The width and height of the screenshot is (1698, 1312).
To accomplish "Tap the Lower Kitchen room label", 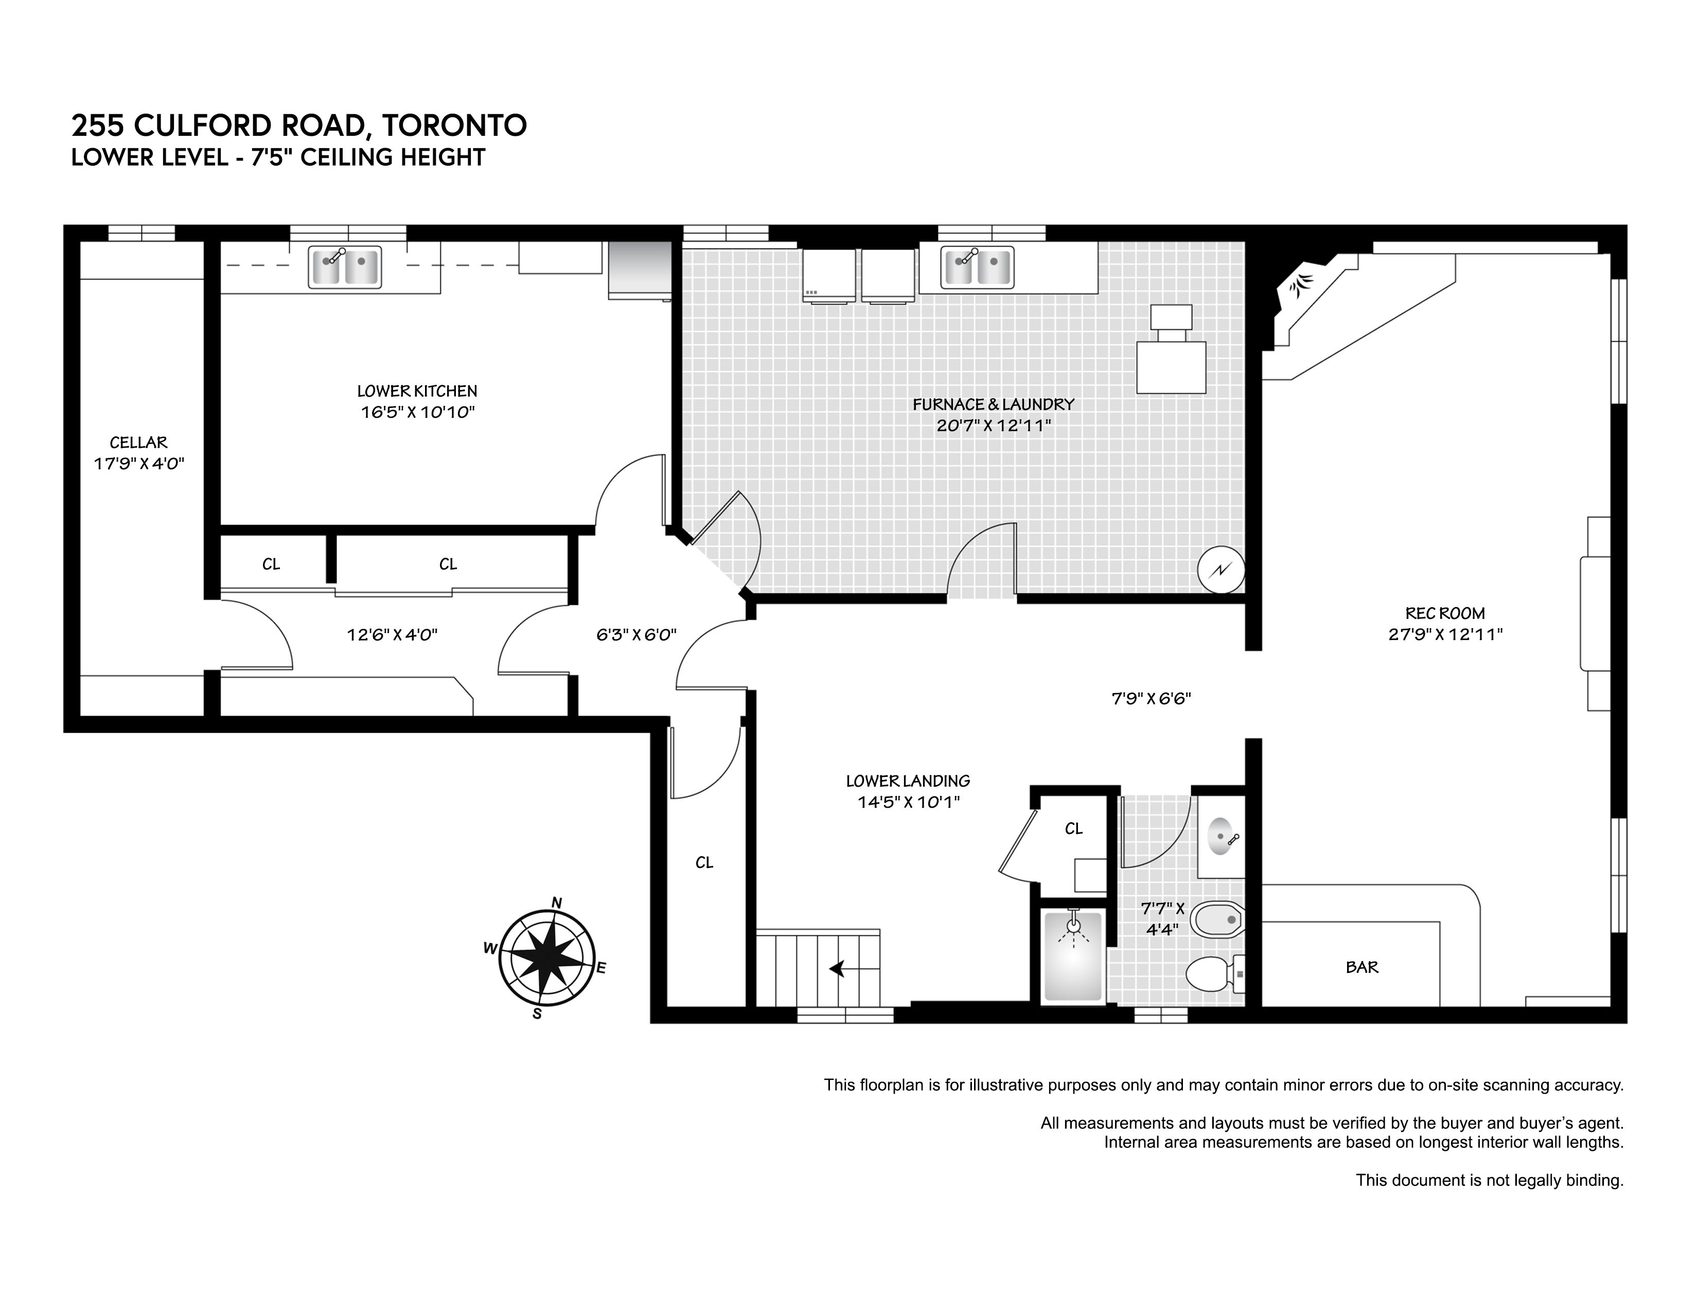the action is [x=417, y=391].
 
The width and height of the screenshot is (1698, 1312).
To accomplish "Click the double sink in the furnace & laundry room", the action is [x=977, y=267].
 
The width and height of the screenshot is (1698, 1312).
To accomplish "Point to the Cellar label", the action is [x=138, y=442].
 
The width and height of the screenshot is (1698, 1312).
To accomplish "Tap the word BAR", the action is [x=1362, y=967].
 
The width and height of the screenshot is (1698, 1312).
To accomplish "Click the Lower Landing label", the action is [x=908, y=781].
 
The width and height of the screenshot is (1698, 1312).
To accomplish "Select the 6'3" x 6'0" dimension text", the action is [x=636, y=634].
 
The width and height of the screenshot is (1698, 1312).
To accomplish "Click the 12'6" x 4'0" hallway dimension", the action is [x=392, y=635].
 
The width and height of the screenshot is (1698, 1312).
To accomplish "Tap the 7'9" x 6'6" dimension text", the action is [x=1151, y=699].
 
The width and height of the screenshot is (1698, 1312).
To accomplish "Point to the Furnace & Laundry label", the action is [x=994, y=404].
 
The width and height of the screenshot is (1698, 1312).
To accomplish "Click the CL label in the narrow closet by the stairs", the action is [x=704, y=863].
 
